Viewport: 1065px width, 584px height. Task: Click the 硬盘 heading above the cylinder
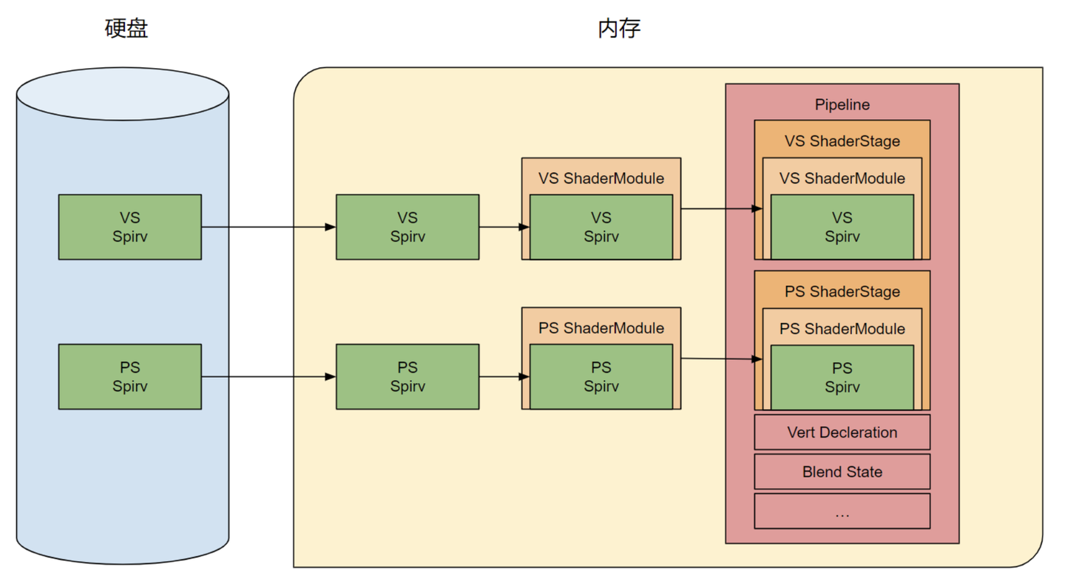(x=126, y=29)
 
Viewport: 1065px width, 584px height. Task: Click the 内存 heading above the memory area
(x=619, y=29)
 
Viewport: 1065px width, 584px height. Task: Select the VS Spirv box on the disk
(x=130, y=227)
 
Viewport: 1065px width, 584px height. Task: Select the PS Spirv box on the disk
(x=130, y=376)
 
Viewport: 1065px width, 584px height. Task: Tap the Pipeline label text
(x=842, y=105)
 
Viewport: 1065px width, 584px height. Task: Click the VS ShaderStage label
(x=842, y=141)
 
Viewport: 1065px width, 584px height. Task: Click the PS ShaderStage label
(x=842, y=291)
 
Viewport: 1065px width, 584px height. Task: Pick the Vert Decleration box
(x=842, y=432)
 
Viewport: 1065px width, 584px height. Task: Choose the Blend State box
(x=842, y=472)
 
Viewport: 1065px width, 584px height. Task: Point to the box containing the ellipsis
(x=842, y=511)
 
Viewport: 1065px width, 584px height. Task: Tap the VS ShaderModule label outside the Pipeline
(x=601, y=178)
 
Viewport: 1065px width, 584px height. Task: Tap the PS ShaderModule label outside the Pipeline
(x=601, y=327)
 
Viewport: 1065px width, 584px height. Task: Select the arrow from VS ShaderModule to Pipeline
(x=721, y=208)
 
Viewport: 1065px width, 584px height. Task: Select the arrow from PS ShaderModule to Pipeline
(x=721, y=359)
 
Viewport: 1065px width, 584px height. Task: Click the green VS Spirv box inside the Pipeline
(x=842, y=227)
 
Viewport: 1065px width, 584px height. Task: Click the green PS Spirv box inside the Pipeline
(x=842, y=377)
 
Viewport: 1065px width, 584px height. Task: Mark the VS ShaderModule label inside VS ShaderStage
(x=842, y=178)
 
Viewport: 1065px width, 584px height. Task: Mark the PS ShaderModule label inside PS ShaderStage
(x=842, y=328)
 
